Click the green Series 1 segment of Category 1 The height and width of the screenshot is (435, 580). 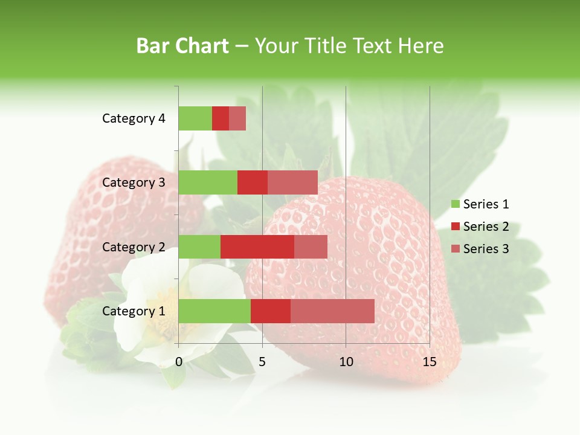[214, 311]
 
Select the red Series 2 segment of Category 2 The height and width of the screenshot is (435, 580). [257, 246]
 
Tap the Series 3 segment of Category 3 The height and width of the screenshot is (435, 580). [292, 182]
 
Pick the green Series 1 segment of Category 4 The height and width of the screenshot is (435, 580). [195, 118]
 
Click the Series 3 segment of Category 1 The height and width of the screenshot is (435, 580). [332, 311]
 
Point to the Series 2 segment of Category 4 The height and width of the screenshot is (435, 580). [221, 118]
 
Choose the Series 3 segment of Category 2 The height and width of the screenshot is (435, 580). [311, 246]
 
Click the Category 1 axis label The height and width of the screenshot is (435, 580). [133, 311]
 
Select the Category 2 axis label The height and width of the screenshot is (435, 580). [133, 247]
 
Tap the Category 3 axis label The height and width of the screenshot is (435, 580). [133, 182]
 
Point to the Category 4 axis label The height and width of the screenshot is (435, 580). [133, 118]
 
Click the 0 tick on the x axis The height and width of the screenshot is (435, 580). [179, 362]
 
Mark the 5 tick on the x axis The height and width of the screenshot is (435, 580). [262, 362]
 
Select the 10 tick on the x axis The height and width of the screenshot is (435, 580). [346, 362]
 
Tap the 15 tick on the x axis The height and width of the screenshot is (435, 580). [429, 362]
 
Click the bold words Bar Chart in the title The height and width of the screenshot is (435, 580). [182, 46]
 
